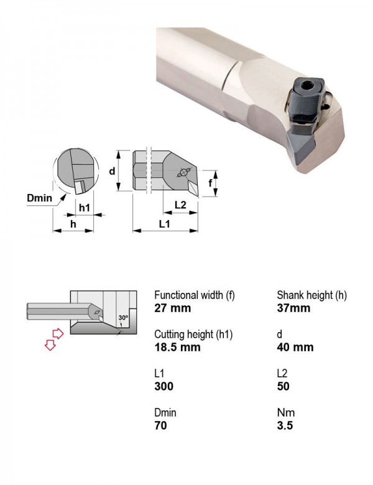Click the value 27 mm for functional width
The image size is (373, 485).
[x=173, y=308]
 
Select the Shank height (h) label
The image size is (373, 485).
[x=311, y=295]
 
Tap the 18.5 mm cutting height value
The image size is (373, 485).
[x=178, y=347]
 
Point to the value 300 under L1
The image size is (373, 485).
[x=164, y=386]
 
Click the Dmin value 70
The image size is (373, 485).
[x=161, y=425]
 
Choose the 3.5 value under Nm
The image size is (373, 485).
[x=285, y=425]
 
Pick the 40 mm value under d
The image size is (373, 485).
[x=295, y=347]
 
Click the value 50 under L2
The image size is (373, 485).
[x=283, y=386]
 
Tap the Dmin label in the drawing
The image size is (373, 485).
[x=40, y=198]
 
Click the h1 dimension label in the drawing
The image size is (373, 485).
[x=85, y=208]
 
